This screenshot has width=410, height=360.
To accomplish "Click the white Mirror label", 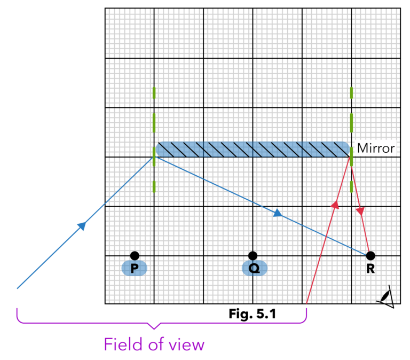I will point(375,148).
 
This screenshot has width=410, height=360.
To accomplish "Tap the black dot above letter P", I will point(135,256).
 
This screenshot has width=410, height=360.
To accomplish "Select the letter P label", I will point(134,268).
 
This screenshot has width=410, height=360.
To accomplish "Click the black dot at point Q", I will point(253,256).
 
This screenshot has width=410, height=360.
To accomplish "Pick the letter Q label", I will point(254,268).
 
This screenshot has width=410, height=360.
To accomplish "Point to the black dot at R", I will point(370,256).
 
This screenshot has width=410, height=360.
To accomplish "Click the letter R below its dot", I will point(370,269).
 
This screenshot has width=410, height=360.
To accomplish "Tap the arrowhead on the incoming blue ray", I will point(81,226).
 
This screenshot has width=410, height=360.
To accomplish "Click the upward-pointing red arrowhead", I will point(335,205).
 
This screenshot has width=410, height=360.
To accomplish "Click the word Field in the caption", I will point(122,345).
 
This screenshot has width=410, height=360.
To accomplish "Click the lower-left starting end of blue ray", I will point(18,288).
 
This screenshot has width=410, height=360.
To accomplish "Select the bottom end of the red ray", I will point(307,302).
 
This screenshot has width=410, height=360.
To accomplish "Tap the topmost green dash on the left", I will point(154,92).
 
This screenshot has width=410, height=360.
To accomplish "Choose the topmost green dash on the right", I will point(351,92).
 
